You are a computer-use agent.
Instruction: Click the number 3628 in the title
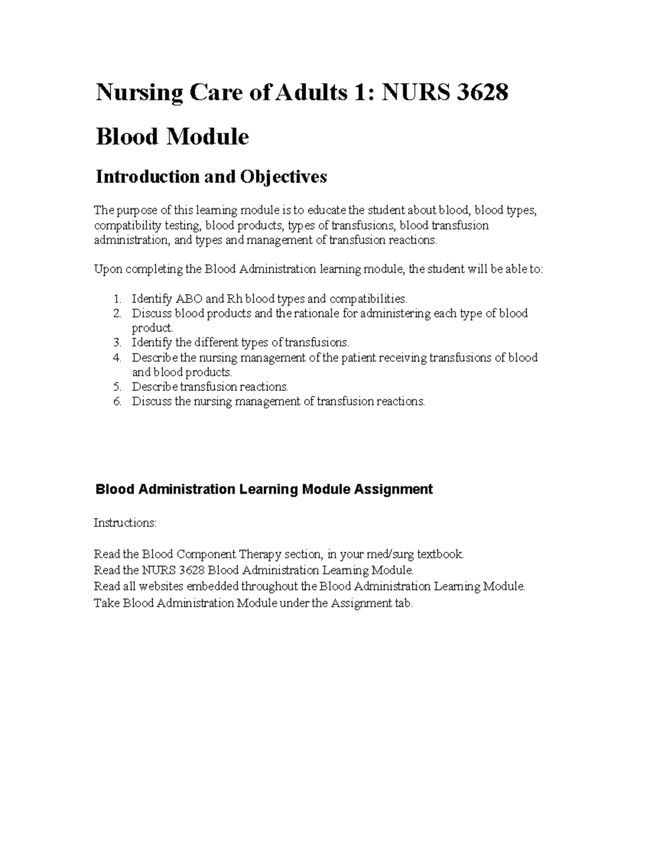[x=482, y=93]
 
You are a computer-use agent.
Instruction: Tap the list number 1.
[x=117, y=299]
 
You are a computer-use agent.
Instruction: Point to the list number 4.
[x=117, y=357]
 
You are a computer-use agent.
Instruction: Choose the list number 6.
[x=117, y=401]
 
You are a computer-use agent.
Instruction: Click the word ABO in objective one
[x=188, y=299]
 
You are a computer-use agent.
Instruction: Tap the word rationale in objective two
[x=316, y=314]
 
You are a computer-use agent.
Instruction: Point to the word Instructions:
[x=125, y=523]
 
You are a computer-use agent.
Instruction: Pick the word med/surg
[x=385, y=554]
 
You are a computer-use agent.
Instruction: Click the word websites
[x=161, y=586]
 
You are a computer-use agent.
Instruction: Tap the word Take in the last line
[x=106, y=603]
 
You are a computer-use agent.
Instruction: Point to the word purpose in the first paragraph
[x=135, y=210]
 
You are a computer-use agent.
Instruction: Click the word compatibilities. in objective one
[x=368, y=299]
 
